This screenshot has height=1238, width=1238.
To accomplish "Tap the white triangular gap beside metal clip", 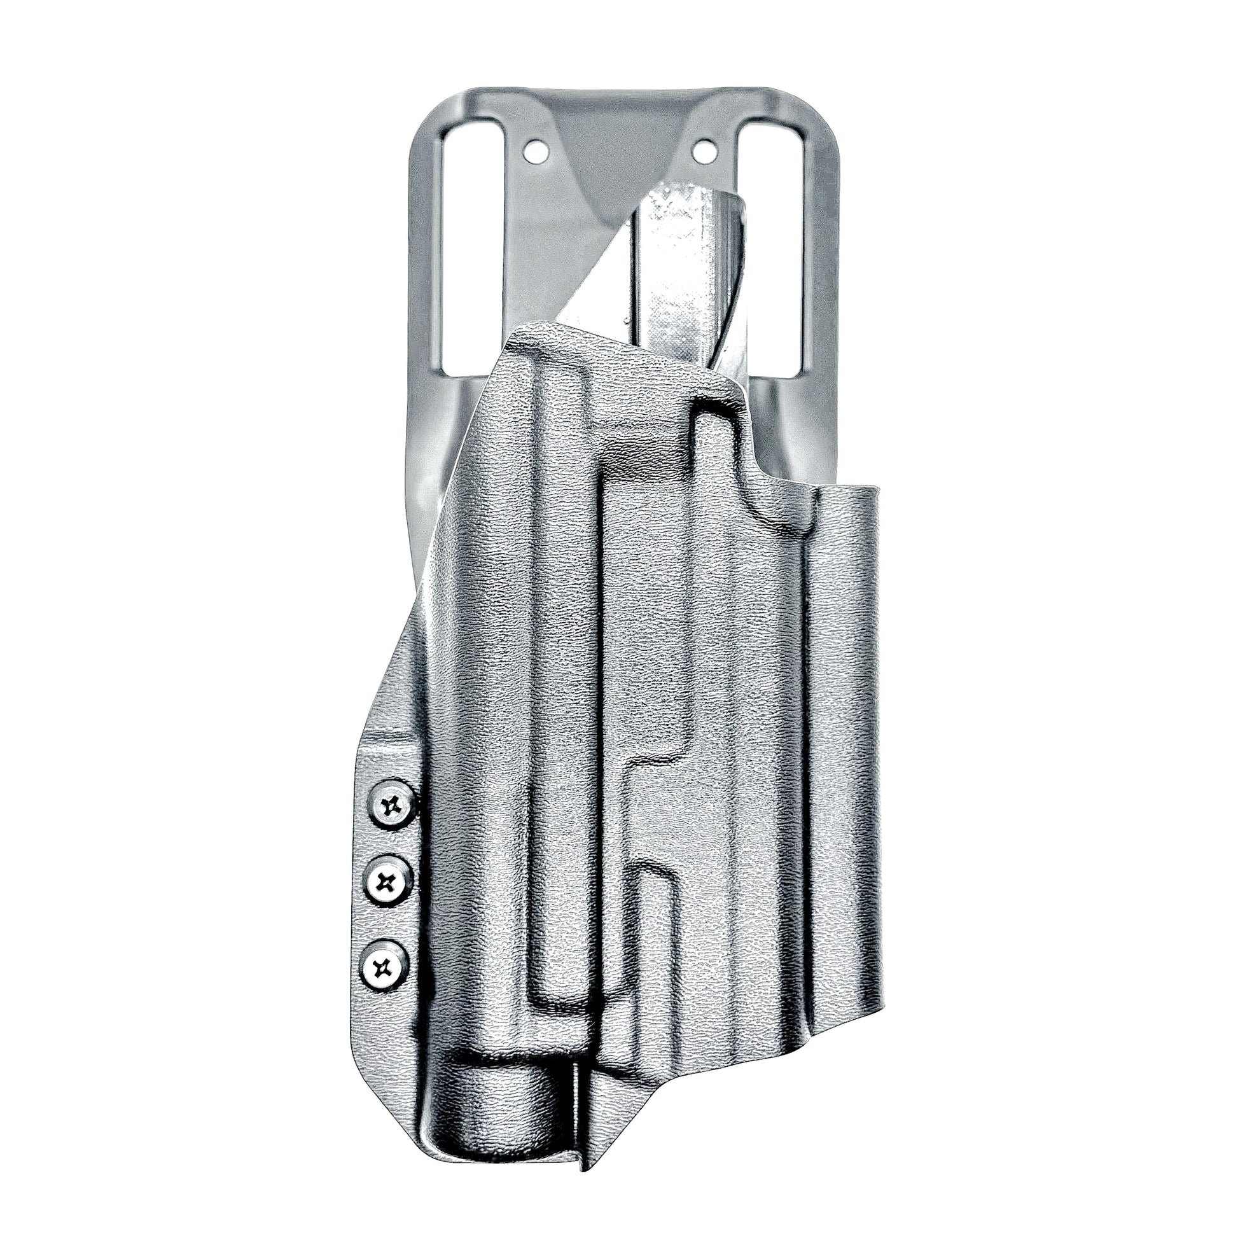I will (x=612, y=282).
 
